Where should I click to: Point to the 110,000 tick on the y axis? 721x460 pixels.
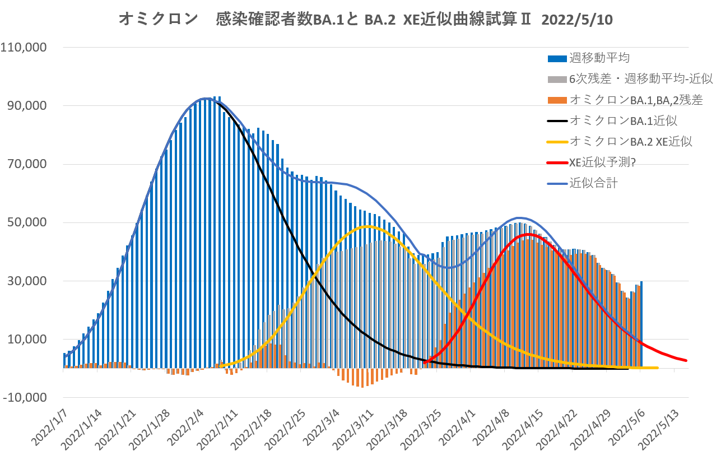tap(25, 48)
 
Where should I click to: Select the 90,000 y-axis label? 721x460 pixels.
tap(27, 106)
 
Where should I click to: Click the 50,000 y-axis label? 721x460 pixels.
tap(27, 222)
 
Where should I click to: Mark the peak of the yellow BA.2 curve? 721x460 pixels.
tap(368, 226)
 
